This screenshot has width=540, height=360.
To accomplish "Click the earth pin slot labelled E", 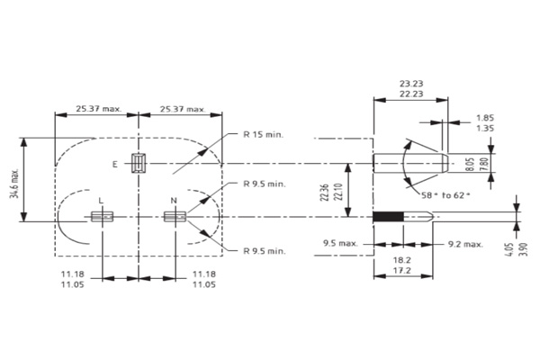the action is tap(139, 163).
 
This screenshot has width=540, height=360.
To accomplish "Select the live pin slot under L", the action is tap(102, 217).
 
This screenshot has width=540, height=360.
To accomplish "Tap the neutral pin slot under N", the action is tap(175, 217).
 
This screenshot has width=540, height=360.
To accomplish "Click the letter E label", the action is tap(115, 165).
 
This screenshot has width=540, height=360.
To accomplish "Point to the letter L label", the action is tap(101, 201).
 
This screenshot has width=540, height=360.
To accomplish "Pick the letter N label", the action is tap(174, 201).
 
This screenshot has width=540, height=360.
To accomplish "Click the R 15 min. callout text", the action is tap(263, 134).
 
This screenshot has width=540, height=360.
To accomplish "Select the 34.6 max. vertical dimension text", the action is tap(14, 184).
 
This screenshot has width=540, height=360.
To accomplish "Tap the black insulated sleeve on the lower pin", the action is tap(389, 217).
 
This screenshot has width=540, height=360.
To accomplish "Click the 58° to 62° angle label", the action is tap(445, 195).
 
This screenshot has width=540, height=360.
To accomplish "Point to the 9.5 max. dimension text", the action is tap(340, 243).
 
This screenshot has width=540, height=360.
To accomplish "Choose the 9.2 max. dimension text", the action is tap(465, 244).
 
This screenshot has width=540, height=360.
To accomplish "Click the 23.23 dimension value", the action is tap(411, 84).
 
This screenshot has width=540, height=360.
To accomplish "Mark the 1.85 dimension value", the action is tap(485, 118).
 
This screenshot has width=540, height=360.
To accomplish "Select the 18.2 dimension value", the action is tap(402, 260).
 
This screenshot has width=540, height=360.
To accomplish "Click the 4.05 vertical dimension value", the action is tap(510, 249).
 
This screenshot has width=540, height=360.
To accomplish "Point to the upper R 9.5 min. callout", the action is tap(265, 184).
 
